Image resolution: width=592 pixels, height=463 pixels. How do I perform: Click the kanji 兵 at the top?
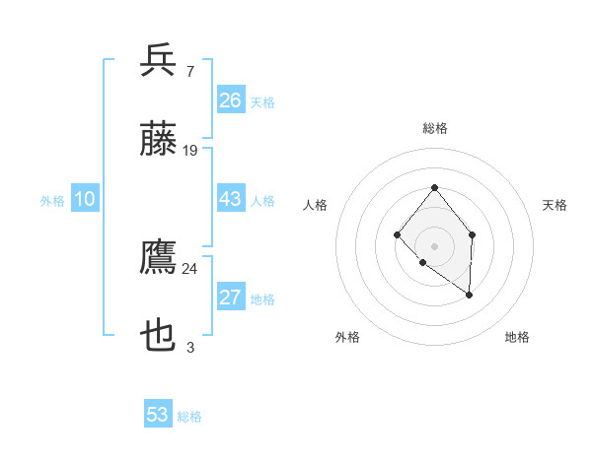click(158, 60)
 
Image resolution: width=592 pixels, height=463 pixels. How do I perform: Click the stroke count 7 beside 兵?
click(189, 71)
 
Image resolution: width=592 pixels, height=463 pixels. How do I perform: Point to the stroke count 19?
click(190, 150)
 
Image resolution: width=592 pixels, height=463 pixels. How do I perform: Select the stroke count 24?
click(190, 268)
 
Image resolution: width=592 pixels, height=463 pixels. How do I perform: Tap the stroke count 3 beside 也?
click(189, 347)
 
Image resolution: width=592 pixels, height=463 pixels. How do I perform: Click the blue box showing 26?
click(230, 100)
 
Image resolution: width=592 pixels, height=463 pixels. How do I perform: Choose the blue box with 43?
click(230, 199)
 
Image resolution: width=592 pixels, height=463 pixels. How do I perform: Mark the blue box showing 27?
click(230, 298)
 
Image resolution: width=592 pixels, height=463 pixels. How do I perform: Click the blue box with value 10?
click(85, 199)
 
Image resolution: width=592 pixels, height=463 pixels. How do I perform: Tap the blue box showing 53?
click(158, 415)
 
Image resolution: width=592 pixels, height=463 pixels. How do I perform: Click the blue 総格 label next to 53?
click(189, 417)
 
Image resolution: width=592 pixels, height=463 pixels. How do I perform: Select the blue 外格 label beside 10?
click(52, 201)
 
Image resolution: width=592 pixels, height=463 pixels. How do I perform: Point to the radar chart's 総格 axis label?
click(434, 128)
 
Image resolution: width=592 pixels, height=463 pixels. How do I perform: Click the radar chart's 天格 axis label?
click(555, 205)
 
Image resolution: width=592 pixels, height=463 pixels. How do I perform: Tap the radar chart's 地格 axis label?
click(517, 337)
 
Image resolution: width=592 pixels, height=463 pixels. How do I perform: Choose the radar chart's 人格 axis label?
click(316, 205)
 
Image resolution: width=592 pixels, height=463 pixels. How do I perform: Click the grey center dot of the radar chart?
click(434, 245)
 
